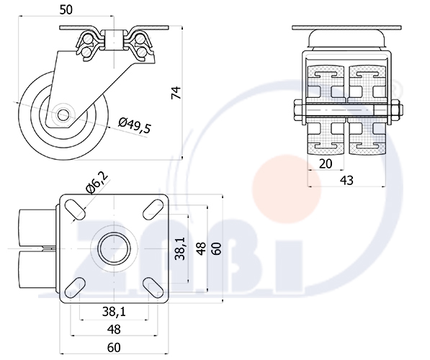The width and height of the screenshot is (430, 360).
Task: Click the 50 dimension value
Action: [x=66, y=10]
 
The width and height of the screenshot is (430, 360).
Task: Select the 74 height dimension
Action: [x=176, y=93]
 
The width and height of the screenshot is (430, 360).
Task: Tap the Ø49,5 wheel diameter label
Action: [x=135, y=125]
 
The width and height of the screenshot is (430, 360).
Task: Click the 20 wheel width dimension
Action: [x=326, y=163]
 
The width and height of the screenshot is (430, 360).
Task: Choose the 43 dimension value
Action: [x=346, y=181]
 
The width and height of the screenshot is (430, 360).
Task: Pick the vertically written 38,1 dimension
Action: [x=181, y=248]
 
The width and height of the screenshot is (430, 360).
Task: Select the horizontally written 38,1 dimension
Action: [x=114, y=312]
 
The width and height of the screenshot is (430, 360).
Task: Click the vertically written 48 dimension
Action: [x=202, y=248]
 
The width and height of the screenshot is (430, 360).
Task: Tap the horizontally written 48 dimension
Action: [x=114, y=329]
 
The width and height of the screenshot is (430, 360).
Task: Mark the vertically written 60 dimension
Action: [x=217, y=248]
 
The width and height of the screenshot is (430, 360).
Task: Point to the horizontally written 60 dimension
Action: [x=114, y=347]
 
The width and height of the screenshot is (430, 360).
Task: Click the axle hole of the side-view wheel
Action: [x=63, y=114]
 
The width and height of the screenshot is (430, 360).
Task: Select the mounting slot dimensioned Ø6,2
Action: [x=75, y=210]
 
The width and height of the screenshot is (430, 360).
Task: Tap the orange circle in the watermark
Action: [x=287, y=189]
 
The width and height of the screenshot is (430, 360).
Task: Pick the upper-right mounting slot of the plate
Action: [x=153, y=210]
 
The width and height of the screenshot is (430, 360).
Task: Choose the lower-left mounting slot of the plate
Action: [x=75, y=287]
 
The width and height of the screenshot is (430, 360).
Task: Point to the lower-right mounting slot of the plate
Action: [x=153, y=287]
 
